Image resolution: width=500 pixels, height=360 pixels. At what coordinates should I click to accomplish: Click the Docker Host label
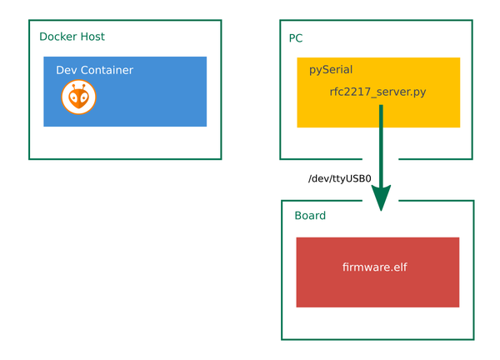coord(72,37)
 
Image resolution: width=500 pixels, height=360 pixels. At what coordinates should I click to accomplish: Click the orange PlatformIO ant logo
coord(79,97)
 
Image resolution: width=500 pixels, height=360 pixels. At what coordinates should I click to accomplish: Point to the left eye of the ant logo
coord(73,98)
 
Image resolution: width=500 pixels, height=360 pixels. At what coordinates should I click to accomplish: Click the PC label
coord(296,38)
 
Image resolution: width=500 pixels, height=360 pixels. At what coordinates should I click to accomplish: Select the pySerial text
coord(331,70)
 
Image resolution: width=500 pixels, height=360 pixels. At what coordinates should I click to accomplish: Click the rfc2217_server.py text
coord(377,92)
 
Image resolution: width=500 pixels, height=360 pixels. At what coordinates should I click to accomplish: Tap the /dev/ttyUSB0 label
coord(340,178)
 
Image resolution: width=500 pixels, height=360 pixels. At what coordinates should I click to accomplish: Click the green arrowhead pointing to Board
coord(381,197)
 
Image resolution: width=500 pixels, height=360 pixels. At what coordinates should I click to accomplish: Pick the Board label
coord(310,216)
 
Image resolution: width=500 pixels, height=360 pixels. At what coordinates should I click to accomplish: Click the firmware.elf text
coord(375,267)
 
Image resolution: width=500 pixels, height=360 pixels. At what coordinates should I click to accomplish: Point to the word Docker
coord(58,37)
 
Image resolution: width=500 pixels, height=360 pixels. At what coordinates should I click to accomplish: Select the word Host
coord(92,37)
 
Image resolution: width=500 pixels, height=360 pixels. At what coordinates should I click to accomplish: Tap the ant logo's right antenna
coord(84,87)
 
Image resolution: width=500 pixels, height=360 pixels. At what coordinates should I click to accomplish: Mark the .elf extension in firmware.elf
coord(398,267)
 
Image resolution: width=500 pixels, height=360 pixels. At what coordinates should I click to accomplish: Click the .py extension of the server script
coord(418,92)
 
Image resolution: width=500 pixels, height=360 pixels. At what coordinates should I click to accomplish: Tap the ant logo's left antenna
coord(74,87)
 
